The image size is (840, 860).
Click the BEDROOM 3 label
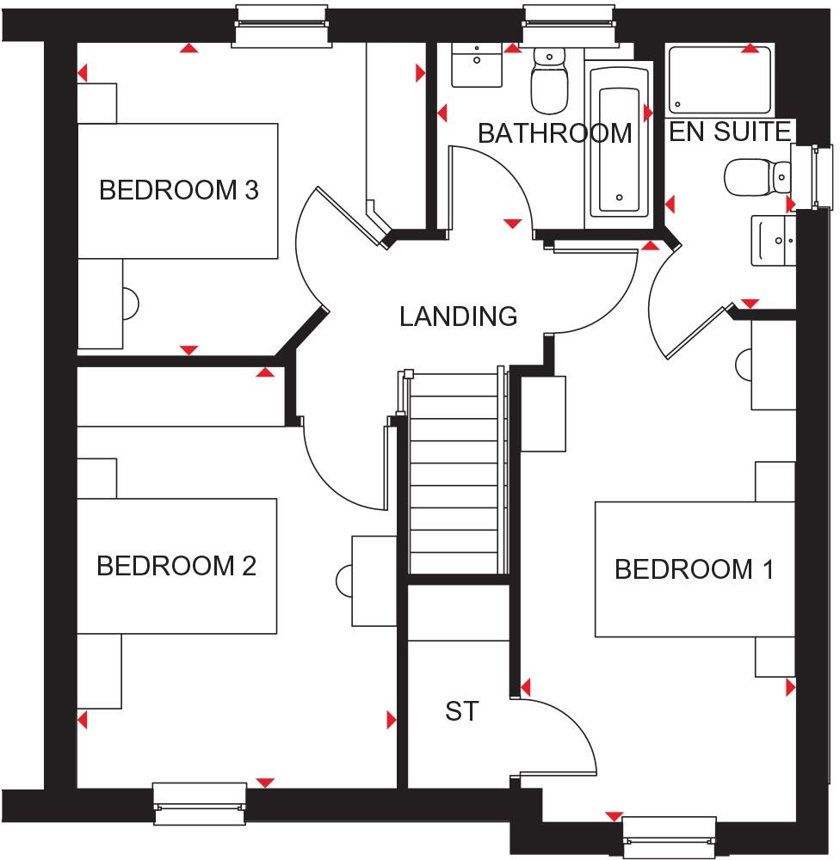178,190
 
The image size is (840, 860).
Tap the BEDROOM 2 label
176,567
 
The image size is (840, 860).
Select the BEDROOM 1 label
694,569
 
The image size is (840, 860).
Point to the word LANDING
458,316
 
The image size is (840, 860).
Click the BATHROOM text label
554,134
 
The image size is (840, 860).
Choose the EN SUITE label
730,132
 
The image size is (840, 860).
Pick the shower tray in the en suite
720,79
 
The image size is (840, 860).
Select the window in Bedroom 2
199,796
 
